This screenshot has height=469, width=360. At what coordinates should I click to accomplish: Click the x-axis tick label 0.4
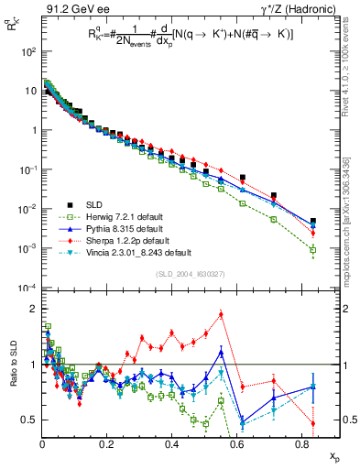(x=171, y=443)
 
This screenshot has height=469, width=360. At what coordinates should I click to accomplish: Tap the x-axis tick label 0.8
(x=301, y=443)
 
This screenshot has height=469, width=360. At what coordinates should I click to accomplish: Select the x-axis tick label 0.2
(x=106, y=443)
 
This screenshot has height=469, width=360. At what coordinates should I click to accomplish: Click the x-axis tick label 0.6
(x=236, y=443)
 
